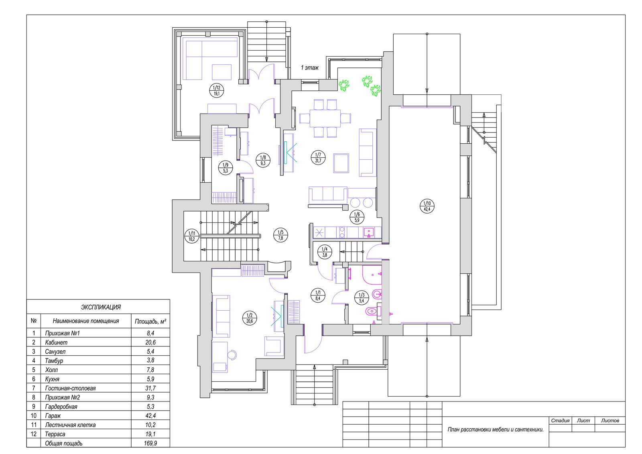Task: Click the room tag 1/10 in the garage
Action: point(427,206)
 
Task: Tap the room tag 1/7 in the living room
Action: point(318,158)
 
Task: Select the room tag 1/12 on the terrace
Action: point(216,90)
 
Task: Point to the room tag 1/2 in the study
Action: point(250,318)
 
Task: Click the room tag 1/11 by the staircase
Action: point(192,236)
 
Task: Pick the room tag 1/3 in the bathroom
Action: point(362,298)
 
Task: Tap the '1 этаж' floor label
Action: point(309,68)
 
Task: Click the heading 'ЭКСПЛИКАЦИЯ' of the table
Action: point(101,307)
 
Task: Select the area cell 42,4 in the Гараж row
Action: point(150,415)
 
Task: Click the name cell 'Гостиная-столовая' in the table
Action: point(70,388)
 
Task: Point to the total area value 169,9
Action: point(150,443)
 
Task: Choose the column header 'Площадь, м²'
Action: point(150,322)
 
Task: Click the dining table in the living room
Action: point(325,118)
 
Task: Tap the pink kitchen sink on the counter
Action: point(369,232)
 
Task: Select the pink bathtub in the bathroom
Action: point(372,275)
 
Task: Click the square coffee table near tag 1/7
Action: point(341,163)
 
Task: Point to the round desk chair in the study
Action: point(232,355)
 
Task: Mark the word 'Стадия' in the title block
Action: point(560,420)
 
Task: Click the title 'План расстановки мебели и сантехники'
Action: point(496,430)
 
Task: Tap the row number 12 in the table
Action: point(34,434)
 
